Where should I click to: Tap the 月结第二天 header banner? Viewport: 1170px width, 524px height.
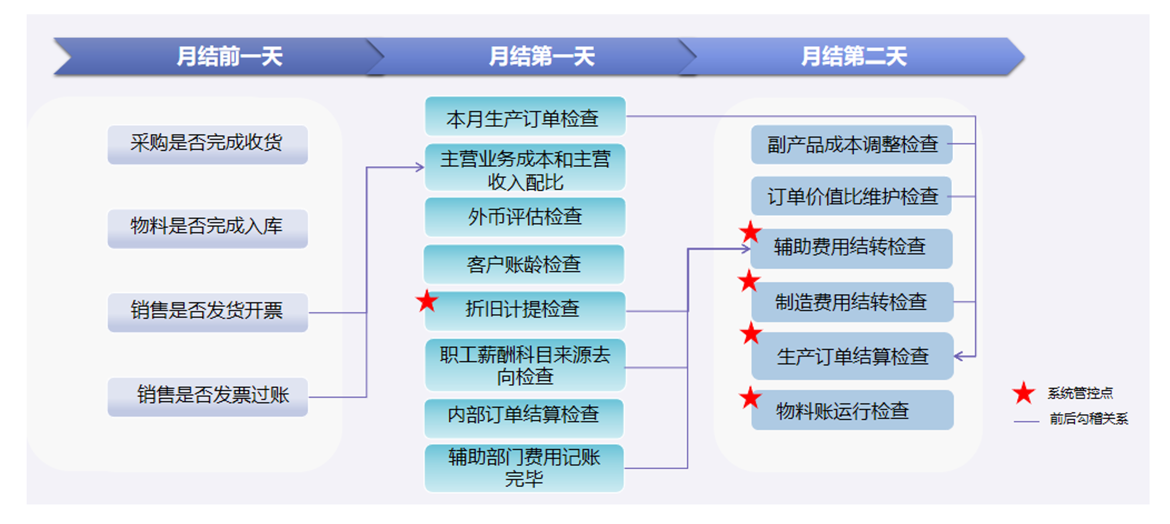click(852, 56)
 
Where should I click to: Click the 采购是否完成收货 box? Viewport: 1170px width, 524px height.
click(207, 144)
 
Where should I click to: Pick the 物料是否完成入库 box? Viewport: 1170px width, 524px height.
click(207, 228)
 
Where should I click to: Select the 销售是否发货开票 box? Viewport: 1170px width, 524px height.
click(207, 312)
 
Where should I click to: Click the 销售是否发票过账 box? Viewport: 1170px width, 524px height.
click(207, 397)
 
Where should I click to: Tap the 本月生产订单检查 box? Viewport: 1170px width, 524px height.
click(525, 117)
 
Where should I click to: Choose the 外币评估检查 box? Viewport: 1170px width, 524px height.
click(525, 217)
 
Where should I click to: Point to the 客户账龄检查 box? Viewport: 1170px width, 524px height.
click(524, 264)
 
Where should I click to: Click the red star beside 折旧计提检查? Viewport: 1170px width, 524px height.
click(427, 301)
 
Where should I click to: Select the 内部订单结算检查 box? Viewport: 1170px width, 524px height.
click(524, 418)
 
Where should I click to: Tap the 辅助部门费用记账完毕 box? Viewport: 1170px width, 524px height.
click(524, 468)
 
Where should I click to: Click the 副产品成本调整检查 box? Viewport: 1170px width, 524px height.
click(852, 145)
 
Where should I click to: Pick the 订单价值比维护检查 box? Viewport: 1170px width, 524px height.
click(852, 196)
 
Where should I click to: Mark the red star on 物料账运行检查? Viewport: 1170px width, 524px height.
click(750, 398)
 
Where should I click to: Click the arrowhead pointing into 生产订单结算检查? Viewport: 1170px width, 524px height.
click(958, 356)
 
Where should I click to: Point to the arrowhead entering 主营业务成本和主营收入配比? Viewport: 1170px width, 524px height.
click(420, 167)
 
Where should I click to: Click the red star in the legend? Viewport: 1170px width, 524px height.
click(1023, 393)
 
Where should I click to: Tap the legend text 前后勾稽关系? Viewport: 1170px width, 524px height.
click(1089, 419)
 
